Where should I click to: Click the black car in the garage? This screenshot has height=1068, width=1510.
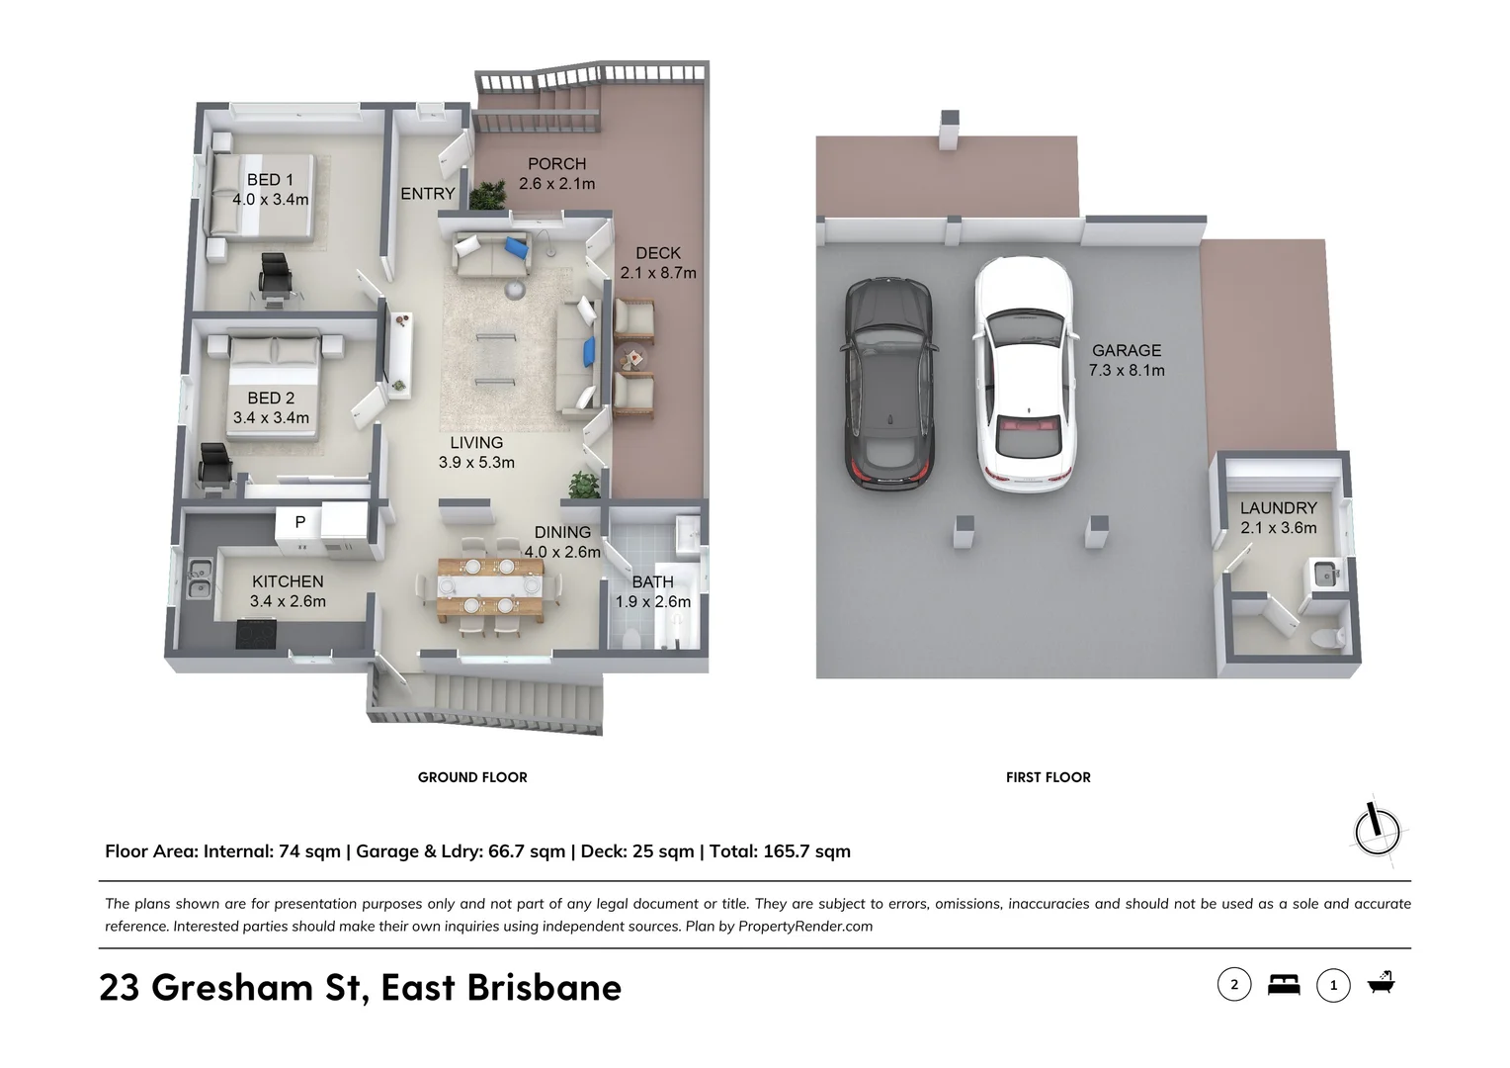tap(887, 383)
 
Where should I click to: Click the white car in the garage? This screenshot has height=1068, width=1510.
tap(1023, 375)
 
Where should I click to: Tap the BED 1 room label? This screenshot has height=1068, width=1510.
tap(270, 180)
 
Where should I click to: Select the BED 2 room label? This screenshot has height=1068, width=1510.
tap(270, 399)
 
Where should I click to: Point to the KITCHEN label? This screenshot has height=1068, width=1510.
tap(288, 581)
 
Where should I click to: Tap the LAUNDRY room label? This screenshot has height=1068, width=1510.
tap(1278, 508)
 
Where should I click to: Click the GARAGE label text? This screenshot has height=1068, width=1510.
tap(1126, 350)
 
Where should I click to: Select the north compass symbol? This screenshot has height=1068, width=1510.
tap(1377, 829)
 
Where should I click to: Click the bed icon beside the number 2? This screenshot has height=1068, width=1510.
tap(1284, 985)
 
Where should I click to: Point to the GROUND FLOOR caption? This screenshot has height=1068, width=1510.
tap(472, 777)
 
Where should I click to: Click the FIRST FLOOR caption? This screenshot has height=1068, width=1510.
tap(1048, 777)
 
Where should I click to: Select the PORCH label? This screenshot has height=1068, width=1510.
tap(556, 164)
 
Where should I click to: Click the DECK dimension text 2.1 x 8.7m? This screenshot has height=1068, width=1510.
tap(658, 273)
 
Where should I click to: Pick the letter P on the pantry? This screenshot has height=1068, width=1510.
tap(300, 521)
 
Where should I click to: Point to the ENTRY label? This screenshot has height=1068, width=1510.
tap(428, 194)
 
